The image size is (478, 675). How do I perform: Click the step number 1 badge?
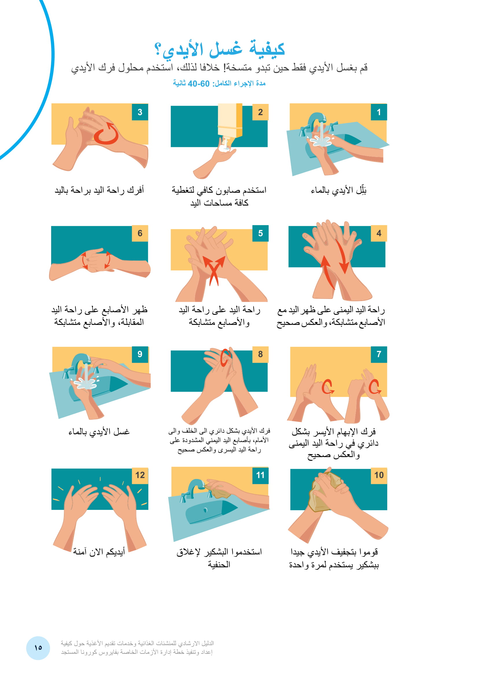click(379, 112)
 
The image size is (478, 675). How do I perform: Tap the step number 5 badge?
click(260, 233)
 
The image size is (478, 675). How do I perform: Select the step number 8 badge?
click(260, 355)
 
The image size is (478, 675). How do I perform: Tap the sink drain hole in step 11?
click(205, 510)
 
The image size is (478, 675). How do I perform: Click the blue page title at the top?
click(220, 48)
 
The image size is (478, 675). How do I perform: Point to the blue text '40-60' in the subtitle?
click(199, 84)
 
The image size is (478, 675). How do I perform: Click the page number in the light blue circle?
click(38, 648)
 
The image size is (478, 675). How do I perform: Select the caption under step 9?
click(99, 432)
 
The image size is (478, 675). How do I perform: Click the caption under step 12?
click(99, 552)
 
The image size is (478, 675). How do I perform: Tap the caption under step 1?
click(338, 190)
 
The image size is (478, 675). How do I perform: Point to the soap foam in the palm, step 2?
click(225, 145)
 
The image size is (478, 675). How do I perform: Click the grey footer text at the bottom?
click(137, 648)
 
